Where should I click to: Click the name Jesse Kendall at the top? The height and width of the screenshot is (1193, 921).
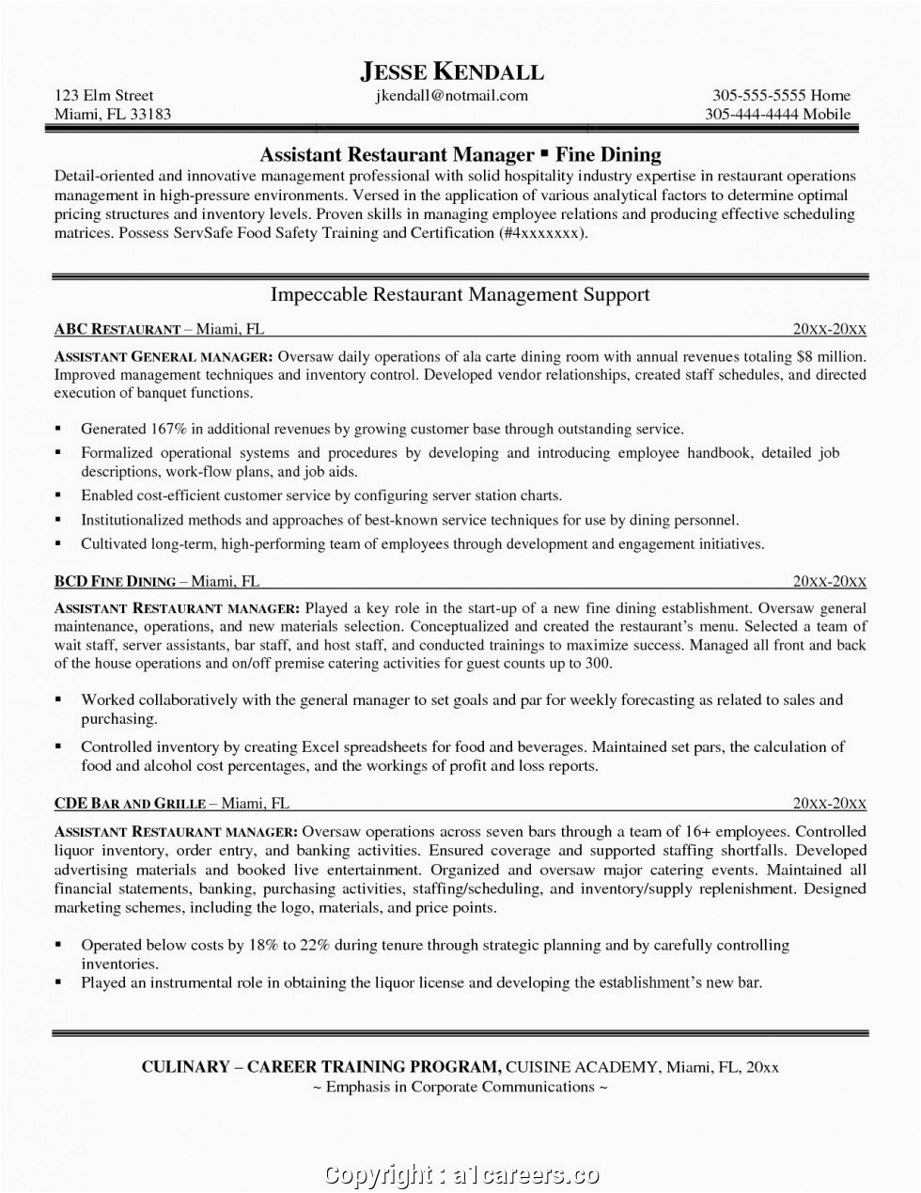coord(452,71)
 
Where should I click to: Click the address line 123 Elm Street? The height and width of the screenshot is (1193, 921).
coord(103,95)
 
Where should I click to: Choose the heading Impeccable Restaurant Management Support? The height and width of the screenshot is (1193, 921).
coord(460,294)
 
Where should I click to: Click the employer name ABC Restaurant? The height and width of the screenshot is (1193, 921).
coord(117,329)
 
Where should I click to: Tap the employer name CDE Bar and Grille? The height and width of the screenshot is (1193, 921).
coord(130,803)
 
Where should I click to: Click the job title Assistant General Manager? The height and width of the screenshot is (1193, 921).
coord(164,357)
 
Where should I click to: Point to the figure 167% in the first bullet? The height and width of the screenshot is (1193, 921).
coord(169,429)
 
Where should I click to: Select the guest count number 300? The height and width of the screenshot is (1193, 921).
coord(598,664)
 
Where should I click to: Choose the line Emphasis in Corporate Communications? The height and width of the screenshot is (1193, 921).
coord(460,1087)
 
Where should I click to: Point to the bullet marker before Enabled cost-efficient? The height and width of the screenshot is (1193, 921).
coord(58,495)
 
